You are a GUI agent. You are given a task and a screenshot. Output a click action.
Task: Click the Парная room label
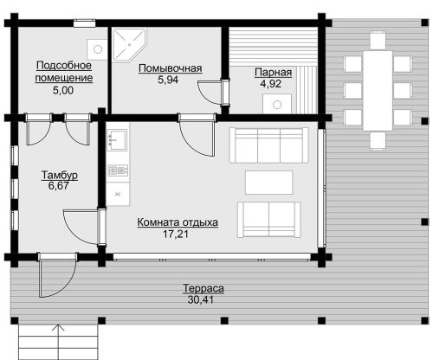273,72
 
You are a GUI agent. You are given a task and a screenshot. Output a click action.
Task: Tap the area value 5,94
168,80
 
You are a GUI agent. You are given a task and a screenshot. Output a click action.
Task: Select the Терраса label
204,288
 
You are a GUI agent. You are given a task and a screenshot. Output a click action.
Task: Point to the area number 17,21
175,234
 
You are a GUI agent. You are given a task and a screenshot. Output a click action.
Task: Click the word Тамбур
60,175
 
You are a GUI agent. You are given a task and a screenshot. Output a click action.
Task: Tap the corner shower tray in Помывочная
129,45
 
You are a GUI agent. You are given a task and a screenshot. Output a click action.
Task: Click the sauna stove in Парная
277,104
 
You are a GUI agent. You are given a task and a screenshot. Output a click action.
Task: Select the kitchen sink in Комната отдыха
117,140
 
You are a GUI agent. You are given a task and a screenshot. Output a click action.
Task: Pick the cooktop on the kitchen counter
118,170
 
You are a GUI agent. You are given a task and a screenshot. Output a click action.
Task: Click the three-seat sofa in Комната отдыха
269,145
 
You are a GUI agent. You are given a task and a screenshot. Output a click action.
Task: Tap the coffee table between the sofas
268,183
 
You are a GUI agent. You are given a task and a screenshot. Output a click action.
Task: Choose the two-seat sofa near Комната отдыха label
268,220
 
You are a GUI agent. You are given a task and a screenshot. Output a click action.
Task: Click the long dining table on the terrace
378,91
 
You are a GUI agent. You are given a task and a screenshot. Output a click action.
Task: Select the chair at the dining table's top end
378,40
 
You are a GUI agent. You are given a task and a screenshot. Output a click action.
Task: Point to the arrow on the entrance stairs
59,342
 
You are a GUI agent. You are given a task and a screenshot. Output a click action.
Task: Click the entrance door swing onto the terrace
57,275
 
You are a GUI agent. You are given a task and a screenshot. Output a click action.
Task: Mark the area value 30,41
201,299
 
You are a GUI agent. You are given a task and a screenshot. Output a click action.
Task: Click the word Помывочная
170,68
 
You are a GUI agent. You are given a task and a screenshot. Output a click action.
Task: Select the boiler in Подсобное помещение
97,49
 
